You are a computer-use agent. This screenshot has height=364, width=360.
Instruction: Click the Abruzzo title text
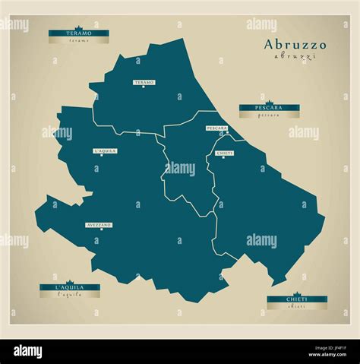tap(295, 45)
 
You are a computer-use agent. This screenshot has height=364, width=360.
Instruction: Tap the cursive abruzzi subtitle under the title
tap(295, 57)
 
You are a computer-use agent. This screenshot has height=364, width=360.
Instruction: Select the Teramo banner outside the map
tap(78, 33)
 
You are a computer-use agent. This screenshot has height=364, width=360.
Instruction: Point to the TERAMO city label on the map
tap(144, 81)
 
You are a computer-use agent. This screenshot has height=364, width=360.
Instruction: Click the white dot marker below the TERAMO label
tap(144, 87)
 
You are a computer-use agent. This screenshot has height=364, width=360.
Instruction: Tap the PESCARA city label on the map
tap(216, 128)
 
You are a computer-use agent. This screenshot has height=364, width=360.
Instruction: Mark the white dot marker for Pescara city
tap(226, 133)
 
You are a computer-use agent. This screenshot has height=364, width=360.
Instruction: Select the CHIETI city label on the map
tap(224, 153)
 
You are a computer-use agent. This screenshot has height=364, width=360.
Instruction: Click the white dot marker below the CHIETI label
tap(224, 158)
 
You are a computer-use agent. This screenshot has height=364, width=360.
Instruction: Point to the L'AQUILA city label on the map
tap(105, 150)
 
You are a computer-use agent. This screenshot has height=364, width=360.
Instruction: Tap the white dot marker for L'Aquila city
tap(105, 156)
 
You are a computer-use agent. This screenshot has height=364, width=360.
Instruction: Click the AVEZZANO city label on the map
tap(99, 225)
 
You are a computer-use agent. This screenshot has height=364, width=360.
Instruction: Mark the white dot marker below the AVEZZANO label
tap(99, 230)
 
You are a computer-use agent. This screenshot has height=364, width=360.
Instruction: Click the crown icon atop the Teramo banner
tap(78, 27)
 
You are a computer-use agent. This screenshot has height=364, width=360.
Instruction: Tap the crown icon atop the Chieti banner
tap(297, 293)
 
